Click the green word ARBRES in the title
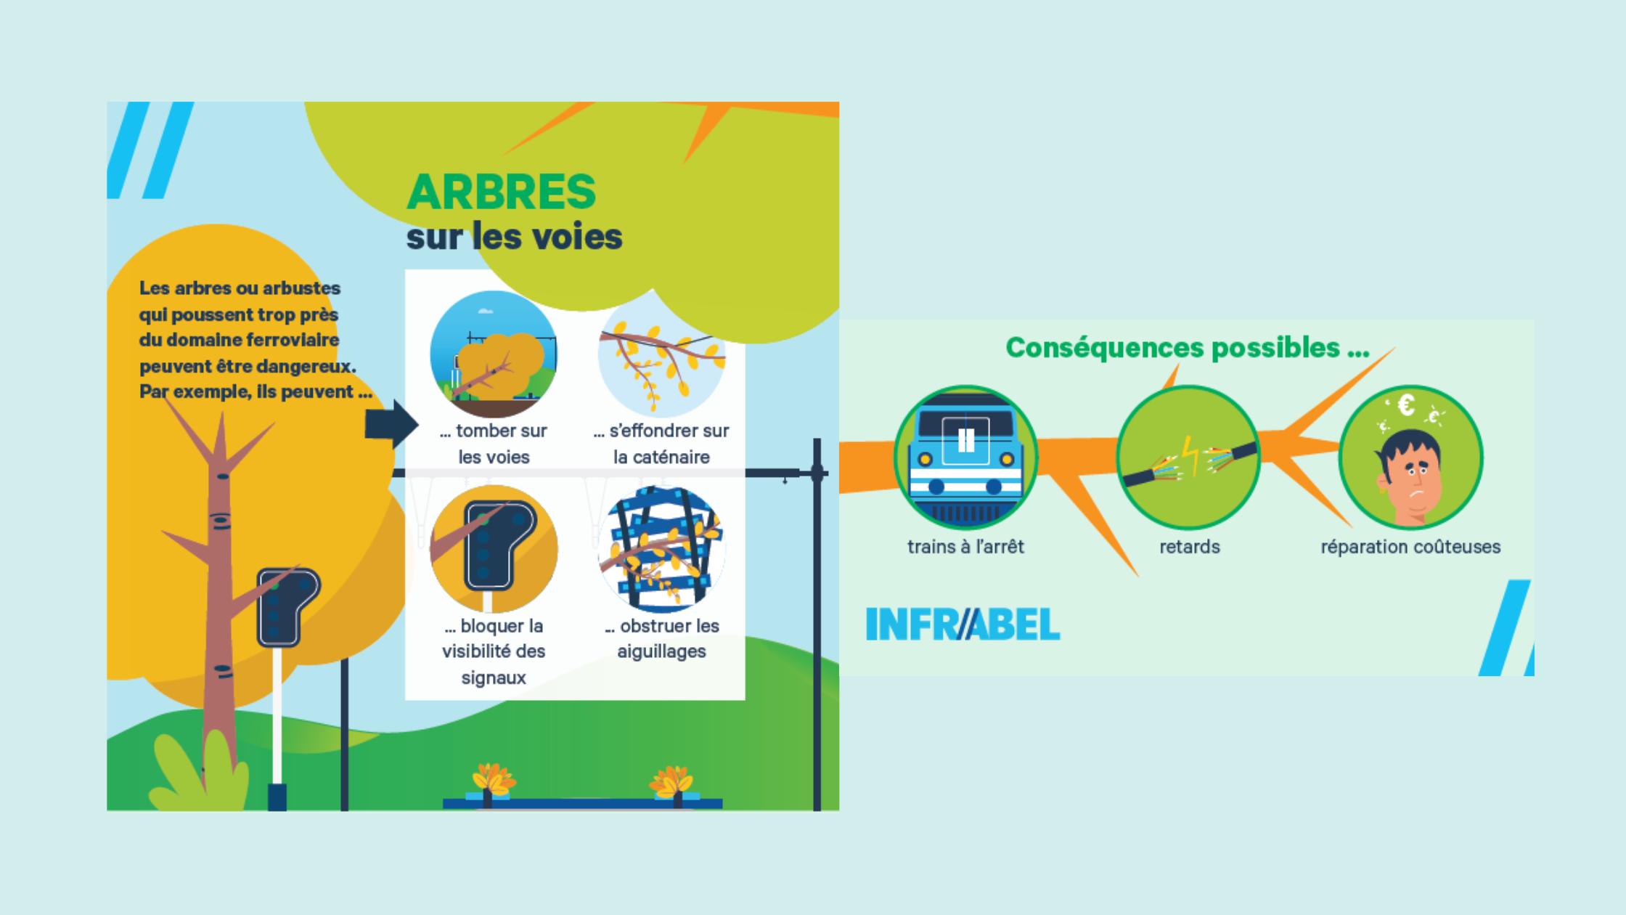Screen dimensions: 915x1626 501,192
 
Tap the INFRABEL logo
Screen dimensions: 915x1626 963,625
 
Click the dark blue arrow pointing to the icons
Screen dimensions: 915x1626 391,423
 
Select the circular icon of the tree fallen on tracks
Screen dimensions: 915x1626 494,354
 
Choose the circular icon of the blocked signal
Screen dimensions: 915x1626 494,549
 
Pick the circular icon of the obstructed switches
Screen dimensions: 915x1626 661,549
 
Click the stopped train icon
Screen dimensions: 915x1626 965,457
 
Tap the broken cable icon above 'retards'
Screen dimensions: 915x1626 1188,457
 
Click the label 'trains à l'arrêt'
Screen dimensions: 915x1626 965,547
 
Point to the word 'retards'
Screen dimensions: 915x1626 1189,547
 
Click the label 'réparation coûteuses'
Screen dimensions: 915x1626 1410,547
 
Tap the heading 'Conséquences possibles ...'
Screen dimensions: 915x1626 1187,348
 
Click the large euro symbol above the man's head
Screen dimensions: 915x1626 1407,405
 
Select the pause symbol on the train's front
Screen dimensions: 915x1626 965,439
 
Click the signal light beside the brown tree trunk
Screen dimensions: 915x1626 287,607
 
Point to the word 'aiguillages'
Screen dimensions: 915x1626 661,651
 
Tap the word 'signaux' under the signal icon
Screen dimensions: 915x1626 494,678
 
